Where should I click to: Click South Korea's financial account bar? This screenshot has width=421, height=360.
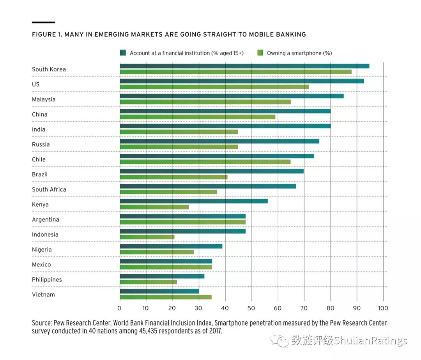tap(244, 66)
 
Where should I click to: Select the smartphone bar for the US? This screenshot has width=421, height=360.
tap(214, 87)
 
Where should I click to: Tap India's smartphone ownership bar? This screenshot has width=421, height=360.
tap(179, 132)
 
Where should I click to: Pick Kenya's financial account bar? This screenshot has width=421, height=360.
tap(194, 201)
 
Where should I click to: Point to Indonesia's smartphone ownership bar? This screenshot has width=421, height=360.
tap(147, 237)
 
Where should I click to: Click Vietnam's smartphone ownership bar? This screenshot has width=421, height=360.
tap(166, 297)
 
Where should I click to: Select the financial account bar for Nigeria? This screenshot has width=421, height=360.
tap(171, 246)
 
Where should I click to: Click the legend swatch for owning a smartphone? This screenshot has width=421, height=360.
tap(260, 53)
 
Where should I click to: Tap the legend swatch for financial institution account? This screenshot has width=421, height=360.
tap(123, 53)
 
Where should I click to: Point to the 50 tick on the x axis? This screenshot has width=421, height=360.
tap(251, 308)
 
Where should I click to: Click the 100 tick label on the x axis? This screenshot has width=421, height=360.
tap(383, 308)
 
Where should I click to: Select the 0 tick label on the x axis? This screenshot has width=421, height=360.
tap(120, 308)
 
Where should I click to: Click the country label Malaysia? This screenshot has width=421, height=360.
tap(44, 99)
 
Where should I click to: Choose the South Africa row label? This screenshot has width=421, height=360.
tap(49, 190)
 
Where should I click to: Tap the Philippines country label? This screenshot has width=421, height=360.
tap(47, 280)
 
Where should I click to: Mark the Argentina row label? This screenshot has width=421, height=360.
tap(46, 220)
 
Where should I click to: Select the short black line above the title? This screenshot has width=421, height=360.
tap(43, 23)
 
